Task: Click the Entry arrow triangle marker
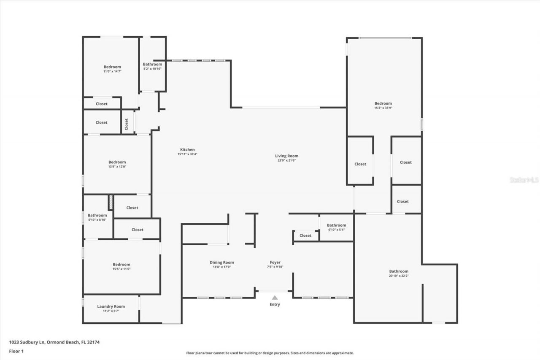tap(275, 298)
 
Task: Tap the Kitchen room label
tap(187, 150)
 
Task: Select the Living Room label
tap(286, 156)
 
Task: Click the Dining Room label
tap(221, 263)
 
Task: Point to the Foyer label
tap(275, 263)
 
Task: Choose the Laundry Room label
tap(111, 306)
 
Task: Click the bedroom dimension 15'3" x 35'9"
tap(383, 108)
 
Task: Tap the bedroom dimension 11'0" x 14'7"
tap(112, 72)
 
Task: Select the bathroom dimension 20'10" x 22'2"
tap(399, 276)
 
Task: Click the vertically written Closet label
tap(126, 124)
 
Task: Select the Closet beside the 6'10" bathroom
tap(305, 235)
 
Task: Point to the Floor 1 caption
tap(16, 351)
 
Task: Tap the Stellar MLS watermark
tap(524, 180)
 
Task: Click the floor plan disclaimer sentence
tap(270, 353)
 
